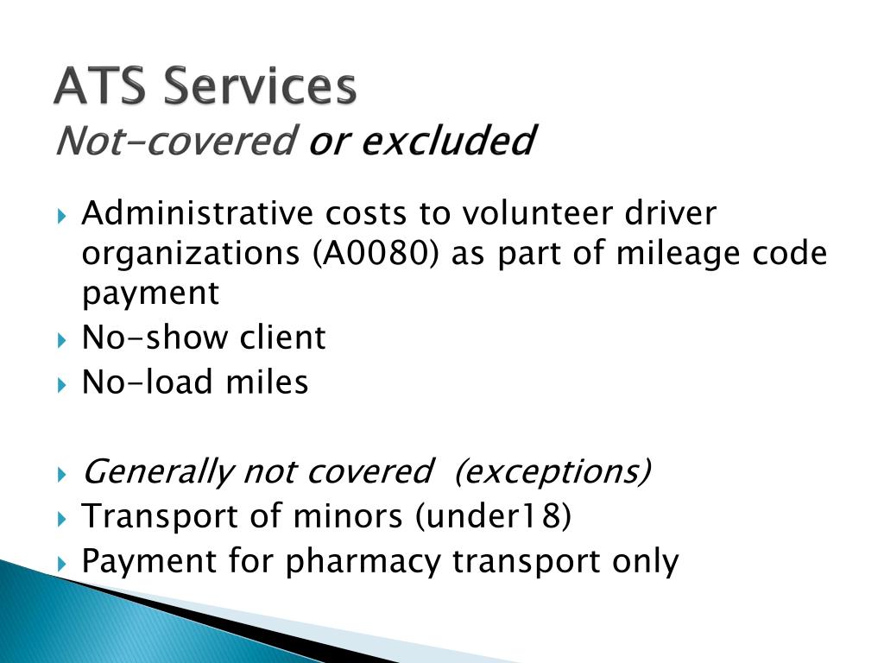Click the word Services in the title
pos(260,85)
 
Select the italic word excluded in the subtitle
pos(448,140)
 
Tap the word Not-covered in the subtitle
pos(176,141)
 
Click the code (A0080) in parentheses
pos(375,253)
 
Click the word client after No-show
pos(282,338)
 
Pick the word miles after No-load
pos(267,382)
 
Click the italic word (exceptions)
pos(553,470)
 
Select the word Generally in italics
pos(158,472)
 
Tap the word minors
pos(349,516)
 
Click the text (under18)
pos(493,516)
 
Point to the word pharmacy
pos(363,562)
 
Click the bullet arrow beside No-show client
pos(62,340)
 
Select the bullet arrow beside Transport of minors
pos(62,519)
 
